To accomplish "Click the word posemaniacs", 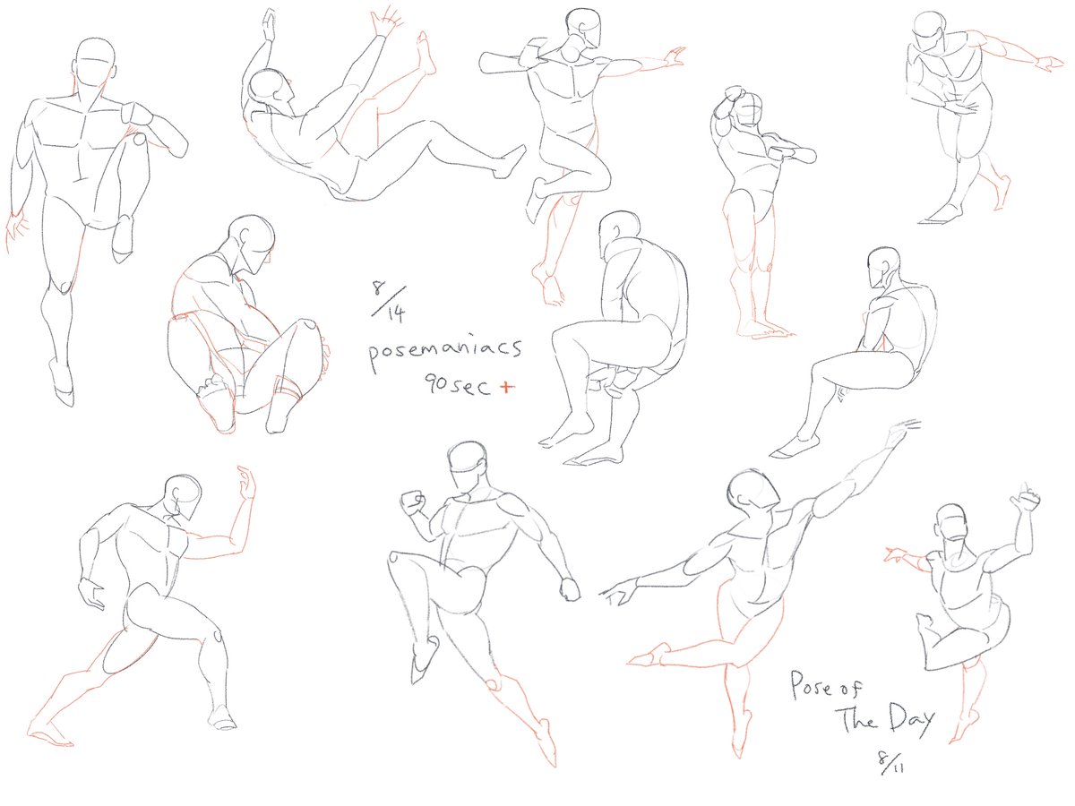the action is point(444,351).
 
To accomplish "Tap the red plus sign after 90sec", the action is point(507,387).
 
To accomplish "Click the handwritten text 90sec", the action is point(457,386).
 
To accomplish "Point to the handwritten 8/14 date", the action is point(389,302).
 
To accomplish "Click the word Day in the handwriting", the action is point(912,719).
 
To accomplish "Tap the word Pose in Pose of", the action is point(810,685).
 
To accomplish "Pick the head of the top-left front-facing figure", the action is point(95,66).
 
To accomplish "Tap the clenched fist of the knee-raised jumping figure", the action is point(413,502).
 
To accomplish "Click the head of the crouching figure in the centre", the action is point(619,235).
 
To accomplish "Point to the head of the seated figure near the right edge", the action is point(883,267).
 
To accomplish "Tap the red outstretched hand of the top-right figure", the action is point(1049,64).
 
